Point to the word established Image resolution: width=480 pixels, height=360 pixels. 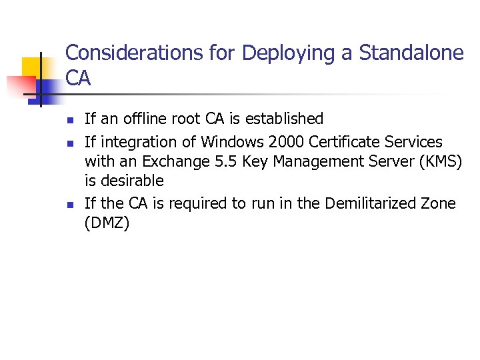[285, 119]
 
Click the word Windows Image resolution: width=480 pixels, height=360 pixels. [231, 142]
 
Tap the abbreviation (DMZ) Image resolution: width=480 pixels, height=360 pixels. [107, 223]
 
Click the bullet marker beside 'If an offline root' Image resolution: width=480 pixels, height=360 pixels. [69, 121]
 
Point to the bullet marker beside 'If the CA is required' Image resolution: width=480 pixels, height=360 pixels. [69, 205]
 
